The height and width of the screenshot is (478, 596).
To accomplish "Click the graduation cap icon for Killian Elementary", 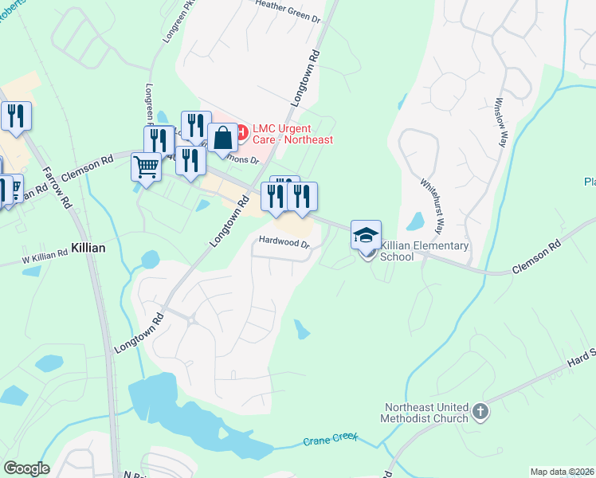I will [366, 235].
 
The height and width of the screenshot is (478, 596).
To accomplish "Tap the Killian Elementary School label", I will [425, 251].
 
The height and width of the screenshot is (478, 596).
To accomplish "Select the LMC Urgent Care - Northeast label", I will [292, 133].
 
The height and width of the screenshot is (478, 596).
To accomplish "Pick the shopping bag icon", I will [222, 137].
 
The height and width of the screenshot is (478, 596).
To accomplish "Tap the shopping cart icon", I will [147, 167].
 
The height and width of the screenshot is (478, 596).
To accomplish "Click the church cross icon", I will [480, 412].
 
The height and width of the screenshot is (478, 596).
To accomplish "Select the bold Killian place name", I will [88, 248].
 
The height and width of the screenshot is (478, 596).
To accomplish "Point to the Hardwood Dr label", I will [283, 241].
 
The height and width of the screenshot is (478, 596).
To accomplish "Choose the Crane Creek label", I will [330, 440].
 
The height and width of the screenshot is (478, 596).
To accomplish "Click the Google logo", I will [26, 468].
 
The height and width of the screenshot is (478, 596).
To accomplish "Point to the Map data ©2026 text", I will [562, 472].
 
